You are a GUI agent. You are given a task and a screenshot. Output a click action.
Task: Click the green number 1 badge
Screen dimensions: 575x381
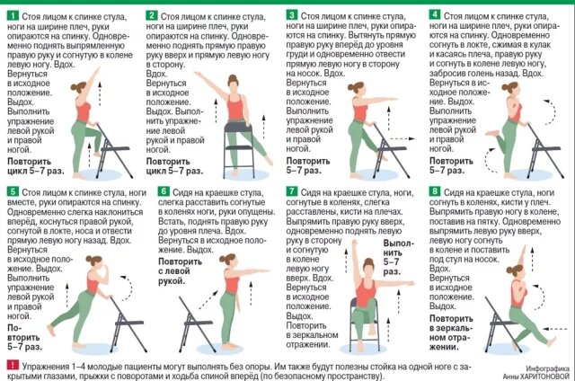point(13,15)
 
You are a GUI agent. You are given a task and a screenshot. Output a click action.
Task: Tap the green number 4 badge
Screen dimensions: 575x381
point(434,14)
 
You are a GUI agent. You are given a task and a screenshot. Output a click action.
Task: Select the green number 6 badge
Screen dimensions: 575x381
point(164,191)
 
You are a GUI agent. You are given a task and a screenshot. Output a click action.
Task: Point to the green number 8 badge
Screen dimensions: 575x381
point(435,191)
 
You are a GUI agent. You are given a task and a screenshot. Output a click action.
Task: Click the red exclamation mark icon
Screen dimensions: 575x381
point(13,365)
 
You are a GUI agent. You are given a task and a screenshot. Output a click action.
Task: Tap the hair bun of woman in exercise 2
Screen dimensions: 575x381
point(232,77)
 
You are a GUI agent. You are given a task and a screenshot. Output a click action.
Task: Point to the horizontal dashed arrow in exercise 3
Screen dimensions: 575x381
point(402,138)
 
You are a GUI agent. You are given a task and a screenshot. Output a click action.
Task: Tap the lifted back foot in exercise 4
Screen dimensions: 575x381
point(491,134)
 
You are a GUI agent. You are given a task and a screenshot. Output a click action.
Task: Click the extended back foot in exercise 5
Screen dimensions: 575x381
point(51,330)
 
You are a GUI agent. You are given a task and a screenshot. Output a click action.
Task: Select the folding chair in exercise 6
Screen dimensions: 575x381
point(198,324)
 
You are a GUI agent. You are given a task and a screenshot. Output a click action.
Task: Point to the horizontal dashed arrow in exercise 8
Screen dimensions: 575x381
point(555,329)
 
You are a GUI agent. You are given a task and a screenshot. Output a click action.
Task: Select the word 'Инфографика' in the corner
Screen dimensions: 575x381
point(547,368)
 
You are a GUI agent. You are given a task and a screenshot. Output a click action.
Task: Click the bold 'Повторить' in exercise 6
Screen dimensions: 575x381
point(180,261)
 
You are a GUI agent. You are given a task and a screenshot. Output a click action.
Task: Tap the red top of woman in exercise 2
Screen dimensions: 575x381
point(234,107)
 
